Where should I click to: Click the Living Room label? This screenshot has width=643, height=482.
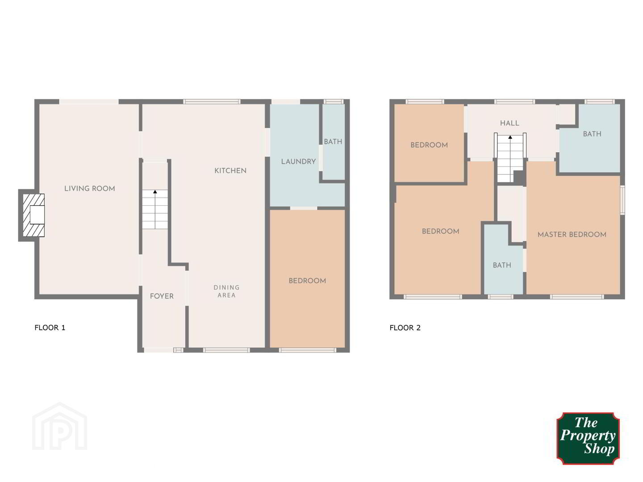(90, 188)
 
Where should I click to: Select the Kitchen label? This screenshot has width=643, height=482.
(230, 170)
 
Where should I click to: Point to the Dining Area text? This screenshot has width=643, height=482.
(226, 291)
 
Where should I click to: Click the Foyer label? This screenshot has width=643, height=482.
(162, 296)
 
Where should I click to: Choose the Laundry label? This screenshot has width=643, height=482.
(298, 162)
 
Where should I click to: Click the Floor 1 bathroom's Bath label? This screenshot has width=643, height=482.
(333, 141)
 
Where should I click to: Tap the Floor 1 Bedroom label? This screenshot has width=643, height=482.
(307, 281)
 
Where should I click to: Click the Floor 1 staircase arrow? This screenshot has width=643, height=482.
(155, 209)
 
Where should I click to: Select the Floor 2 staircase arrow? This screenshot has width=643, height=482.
(510, 158)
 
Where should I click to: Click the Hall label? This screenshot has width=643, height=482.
(509, 123)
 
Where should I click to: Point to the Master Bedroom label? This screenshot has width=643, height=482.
(572, 234)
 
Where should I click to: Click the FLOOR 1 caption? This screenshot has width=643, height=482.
(50, 328)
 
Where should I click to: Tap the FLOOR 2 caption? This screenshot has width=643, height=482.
(405, 328)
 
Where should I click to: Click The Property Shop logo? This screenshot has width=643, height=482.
(588, 438)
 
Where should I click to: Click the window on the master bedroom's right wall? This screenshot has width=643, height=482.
(622, 200)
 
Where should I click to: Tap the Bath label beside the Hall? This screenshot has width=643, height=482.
(592, 134)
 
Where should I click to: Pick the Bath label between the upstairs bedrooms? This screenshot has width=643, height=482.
(502, 265)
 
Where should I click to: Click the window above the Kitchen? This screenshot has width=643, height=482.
(212, 102)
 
